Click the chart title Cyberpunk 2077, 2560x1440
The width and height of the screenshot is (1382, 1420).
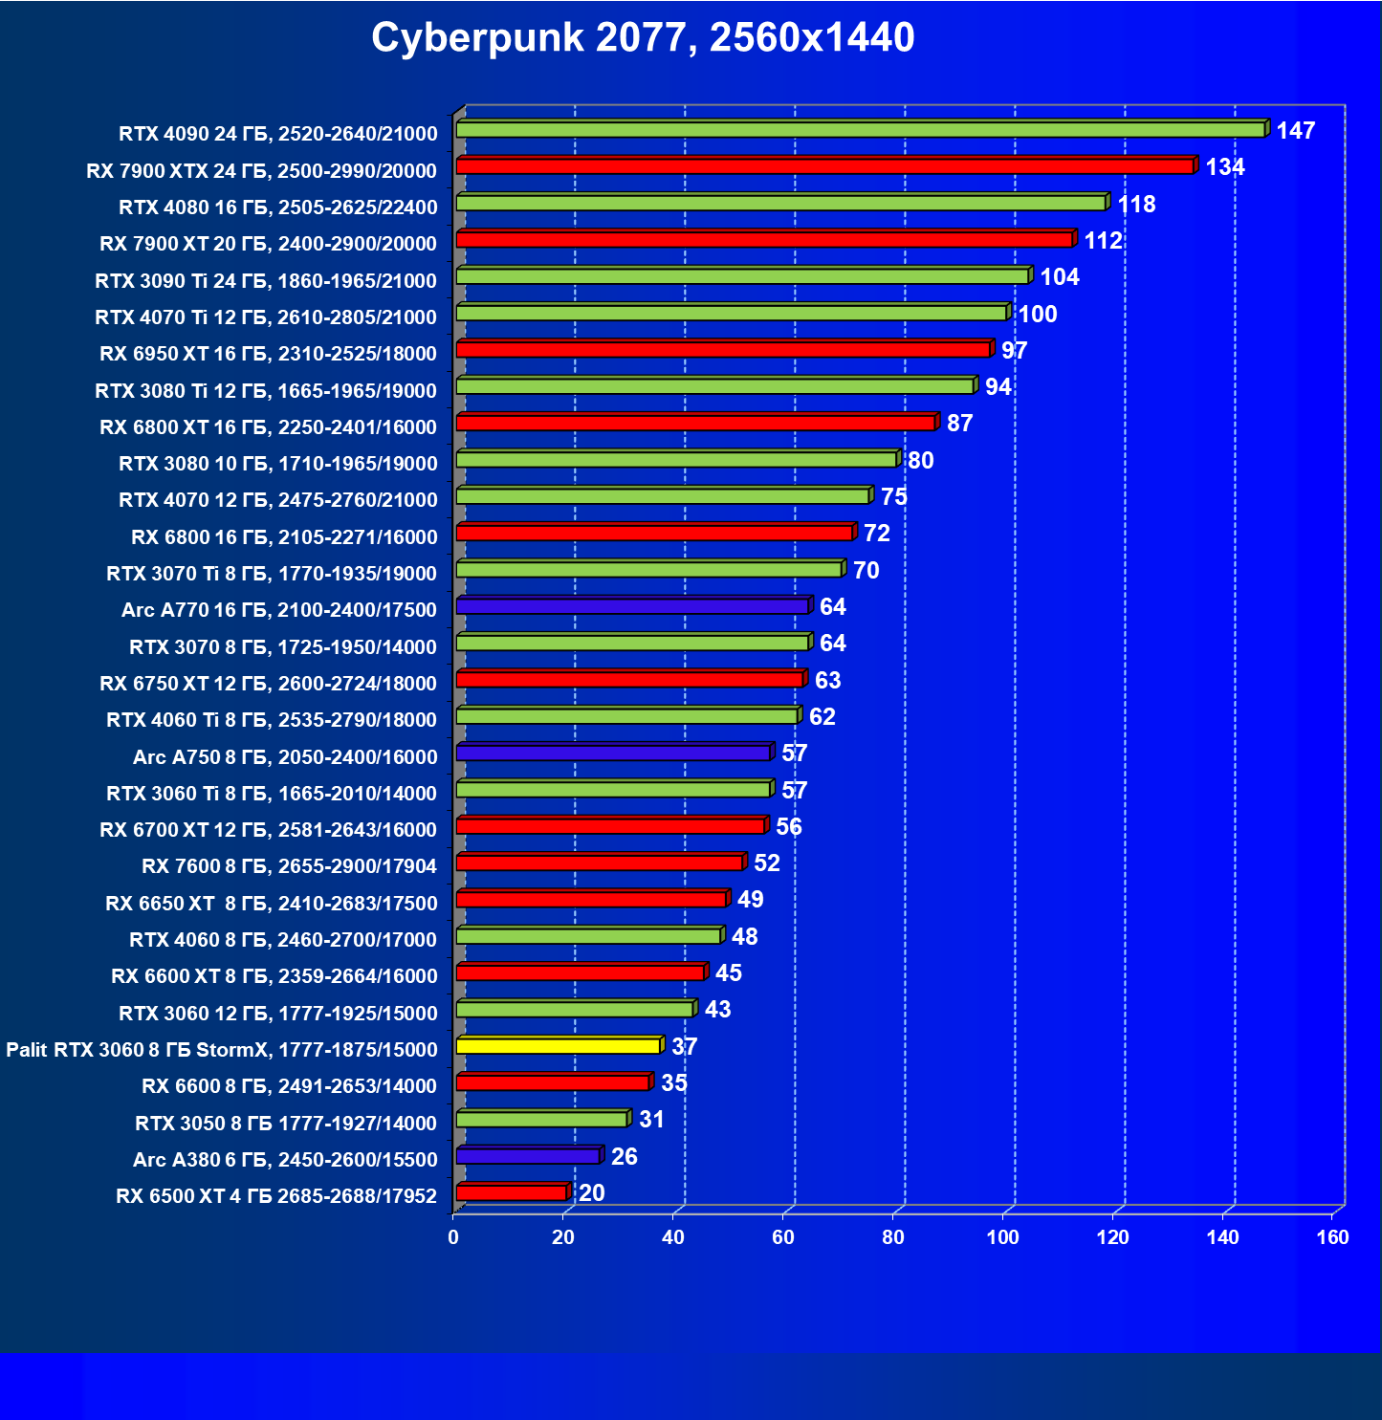(x=643, y=38)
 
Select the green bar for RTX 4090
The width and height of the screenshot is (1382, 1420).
(x=861, y=129)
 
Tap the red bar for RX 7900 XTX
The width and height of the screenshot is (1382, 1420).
(x=824, y=166)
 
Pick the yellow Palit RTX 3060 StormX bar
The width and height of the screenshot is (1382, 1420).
(x=559, y=1046)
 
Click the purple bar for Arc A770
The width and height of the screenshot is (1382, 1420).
(x=632, y=606)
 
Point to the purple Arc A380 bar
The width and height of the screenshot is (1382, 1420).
(x=528, y=1156)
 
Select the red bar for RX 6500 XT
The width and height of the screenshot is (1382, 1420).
(x=512, y=1192)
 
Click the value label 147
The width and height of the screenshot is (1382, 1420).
(x=1296, y=131)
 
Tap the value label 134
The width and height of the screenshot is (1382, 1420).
(x=1224, y=167)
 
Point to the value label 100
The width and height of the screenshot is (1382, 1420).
(x=1037, y=315)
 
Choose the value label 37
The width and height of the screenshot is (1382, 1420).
(x=684, y=1047)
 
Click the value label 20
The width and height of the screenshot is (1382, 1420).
(x=591, y=1193)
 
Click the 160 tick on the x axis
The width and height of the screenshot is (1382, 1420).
(x=1332, y=1237)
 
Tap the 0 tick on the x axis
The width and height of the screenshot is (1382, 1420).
(x=453, y=1237)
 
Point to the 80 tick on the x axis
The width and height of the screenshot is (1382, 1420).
(x=893, y=1237)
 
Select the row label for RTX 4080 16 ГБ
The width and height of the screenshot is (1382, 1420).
(x=277, y=208)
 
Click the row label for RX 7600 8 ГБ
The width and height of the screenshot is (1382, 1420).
(x=289, y=866)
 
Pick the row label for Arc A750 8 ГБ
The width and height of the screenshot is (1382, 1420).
(x=285, y=757)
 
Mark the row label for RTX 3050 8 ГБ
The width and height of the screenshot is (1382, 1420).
(x=285, y=1124)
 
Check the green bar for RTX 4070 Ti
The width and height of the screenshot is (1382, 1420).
(x=732, y=313)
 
